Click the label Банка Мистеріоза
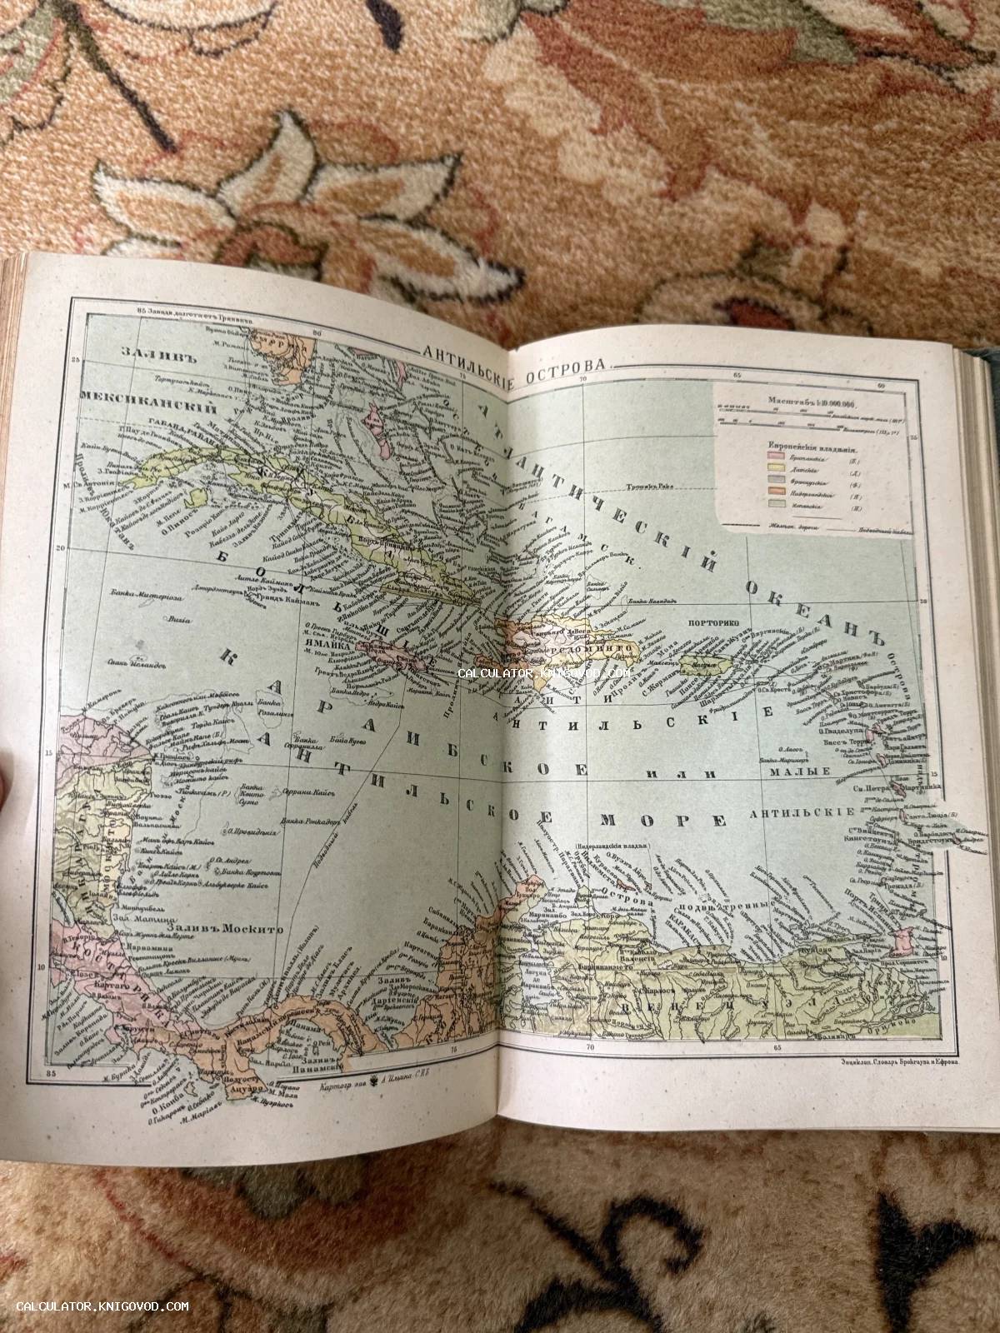point(147,594)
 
